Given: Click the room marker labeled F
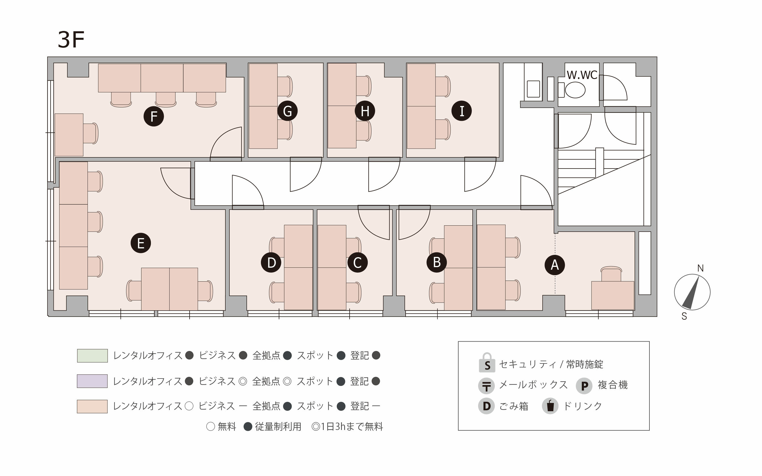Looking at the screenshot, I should (154, 117).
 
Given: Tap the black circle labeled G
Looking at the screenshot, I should (287, 111).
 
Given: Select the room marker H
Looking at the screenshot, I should (365, 111).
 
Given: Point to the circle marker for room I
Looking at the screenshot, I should (462, 111).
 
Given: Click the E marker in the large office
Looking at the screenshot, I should (141, 243).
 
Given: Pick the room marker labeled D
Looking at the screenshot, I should (271, 263).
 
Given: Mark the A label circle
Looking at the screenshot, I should (555, 265).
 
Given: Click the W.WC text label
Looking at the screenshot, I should (582, 75).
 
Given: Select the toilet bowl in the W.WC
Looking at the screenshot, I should (575, 90).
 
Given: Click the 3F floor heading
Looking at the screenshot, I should (71, 40).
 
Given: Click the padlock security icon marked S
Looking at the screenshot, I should (487, 363).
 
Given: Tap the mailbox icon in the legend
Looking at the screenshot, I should (487, 386).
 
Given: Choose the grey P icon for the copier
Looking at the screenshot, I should (584, 386).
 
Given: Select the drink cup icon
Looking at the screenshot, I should (550, 406).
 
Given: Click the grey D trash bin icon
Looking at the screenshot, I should (487, 406).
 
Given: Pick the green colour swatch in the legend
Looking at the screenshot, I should (92, 356).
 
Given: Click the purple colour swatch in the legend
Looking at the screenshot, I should (92, 381).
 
